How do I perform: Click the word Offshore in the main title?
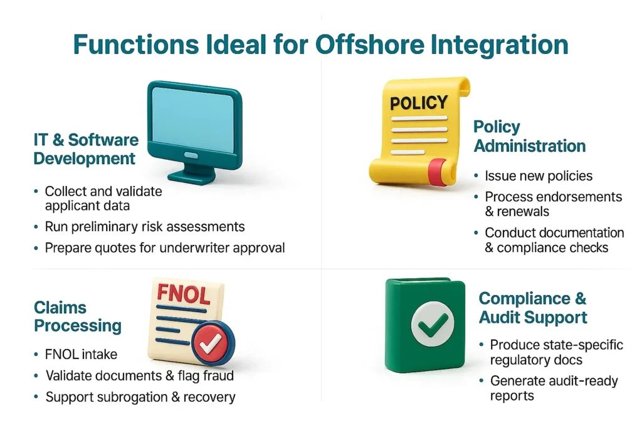[x=370, y=44]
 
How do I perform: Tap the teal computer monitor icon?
[x=195, y=132]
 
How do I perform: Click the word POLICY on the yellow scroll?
[x=419, y=103]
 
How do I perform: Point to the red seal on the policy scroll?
[x=438, y=172]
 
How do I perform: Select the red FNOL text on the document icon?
[x=184, y=294]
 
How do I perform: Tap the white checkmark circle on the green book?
[x=433, y=323]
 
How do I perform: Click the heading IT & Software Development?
[x=86, y=149]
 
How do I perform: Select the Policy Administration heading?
[x=529, y=136]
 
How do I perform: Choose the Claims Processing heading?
[x=77, y=316]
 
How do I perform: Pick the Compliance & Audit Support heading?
[x=533, y=308]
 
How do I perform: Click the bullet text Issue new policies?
[x=539, y=176]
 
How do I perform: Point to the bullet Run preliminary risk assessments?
[x=145, y=227]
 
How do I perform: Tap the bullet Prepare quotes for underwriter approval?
[x=165, y=248]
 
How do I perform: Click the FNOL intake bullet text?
[x=81, y=354]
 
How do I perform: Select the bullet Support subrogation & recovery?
[x=140, y=397]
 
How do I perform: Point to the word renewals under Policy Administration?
[x=523, y=212]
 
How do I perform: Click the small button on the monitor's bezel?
[x=191, y=155]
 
